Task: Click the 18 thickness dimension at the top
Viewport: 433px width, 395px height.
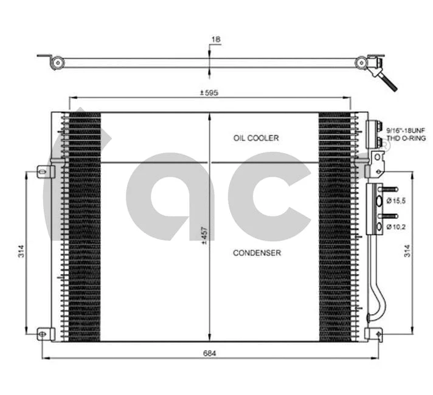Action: [215, 39]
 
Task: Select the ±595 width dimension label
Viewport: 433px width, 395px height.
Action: [210, 93]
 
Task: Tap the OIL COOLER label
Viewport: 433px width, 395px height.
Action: [255, 138]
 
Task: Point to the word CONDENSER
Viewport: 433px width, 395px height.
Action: [257, 253]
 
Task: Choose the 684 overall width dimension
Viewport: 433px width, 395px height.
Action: [210, 352]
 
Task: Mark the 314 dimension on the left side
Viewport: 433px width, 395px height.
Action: [20, 251]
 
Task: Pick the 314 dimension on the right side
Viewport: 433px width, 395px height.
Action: [407, 251]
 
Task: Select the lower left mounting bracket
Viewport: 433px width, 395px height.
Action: [43, 333]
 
